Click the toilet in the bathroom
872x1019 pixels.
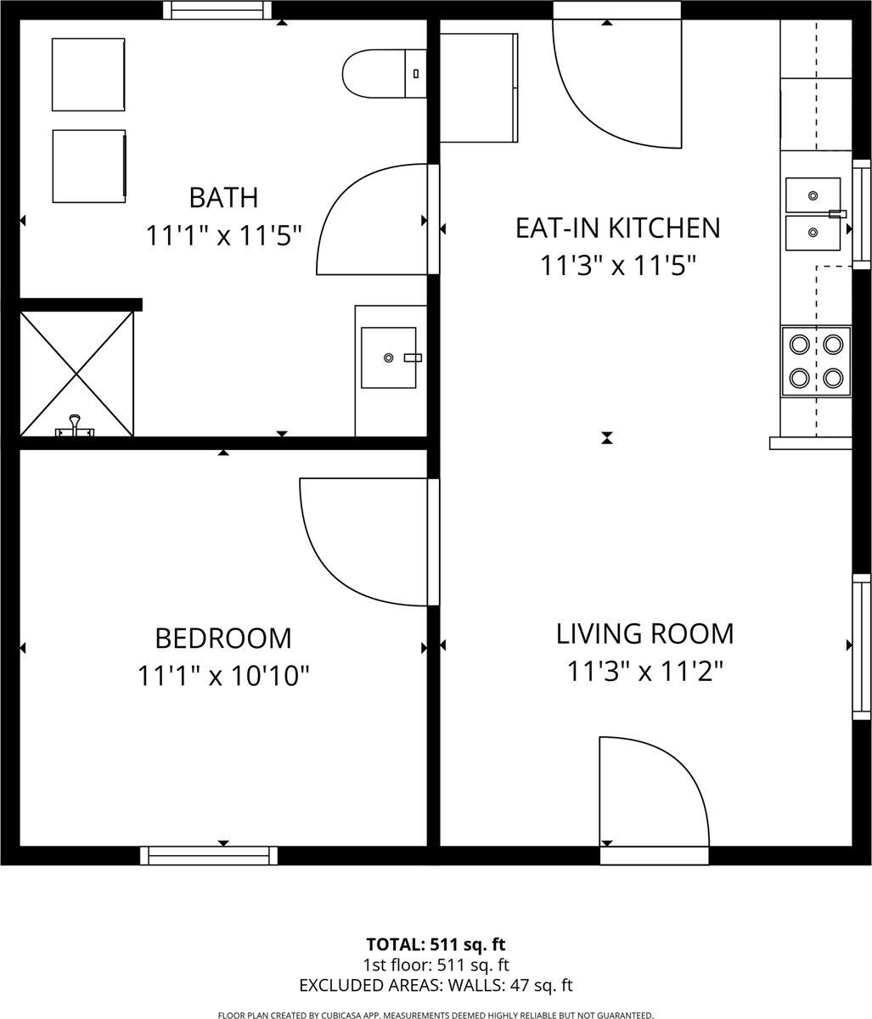click(x=382, y=74)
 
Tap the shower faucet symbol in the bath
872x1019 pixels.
click(x=75, y=426)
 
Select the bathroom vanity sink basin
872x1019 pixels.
click(x=389, y=357)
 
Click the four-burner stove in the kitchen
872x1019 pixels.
click(x=816, y=361)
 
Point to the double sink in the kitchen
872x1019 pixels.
click(x=813, y=214)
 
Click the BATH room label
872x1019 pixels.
click(x=223, y=198)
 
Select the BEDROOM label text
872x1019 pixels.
click(x=222, y=638)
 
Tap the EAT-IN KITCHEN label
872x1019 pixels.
click(x=617, y=228)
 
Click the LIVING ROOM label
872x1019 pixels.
click(x=644, y=633)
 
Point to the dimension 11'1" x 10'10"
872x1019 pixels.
click(x=222, y=676)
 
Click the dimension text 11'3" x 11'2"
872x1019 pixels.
click(x=644, y=672)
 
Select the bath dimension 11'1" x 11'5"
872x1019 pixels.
click(x=223, y=235)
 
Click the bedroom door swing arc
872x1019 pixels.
click(x=357, y=543)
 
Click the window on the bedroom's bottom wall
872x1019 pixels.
click(x=209, y=855)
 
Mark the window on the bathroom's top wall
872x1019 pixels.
click(x=217, y=10)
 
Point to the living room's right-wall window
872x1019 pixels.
click(x=861, y=646)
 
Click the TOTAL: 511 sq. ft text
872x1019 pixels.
click(x=436, y=944)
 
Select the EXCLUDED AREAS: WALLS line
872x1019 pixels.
click(x=436, y=985)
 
